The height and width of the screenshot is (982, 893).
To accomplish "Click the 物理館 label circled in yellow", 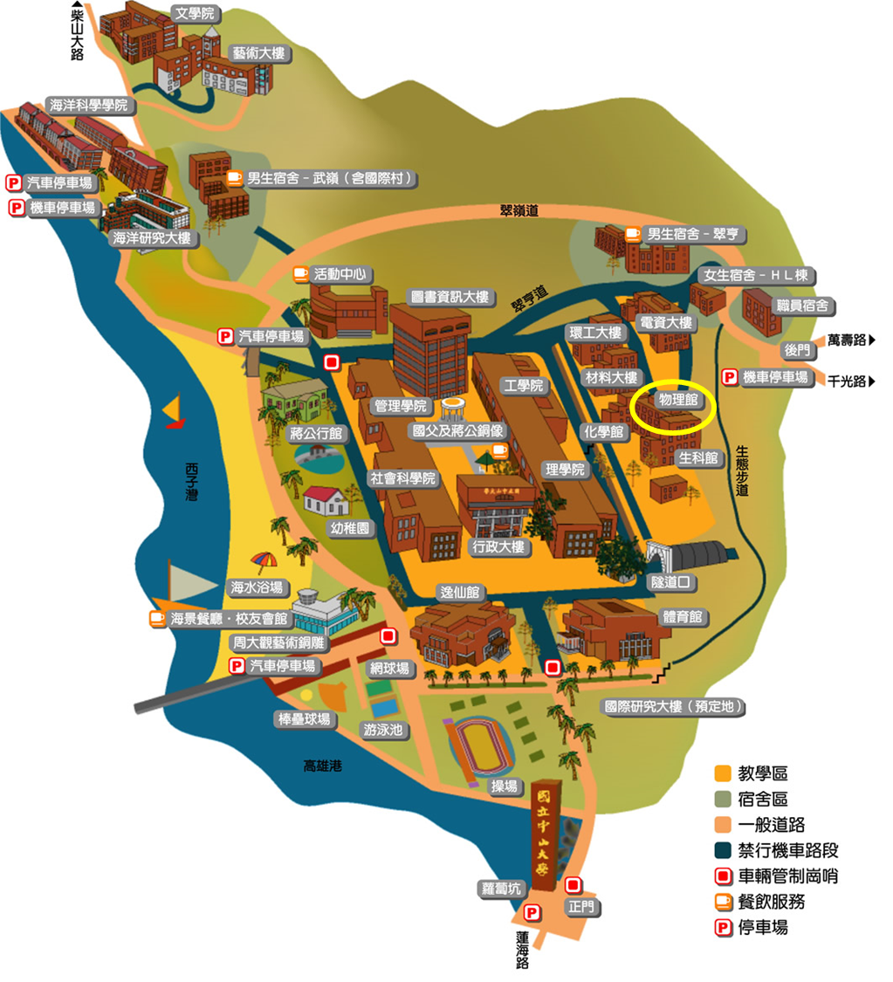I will point(677,400).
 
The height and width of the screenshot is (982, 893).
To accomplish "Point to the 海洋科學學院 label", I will point(89,106).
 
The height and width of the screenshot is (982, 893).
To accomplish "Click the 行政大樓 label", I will point(497,547).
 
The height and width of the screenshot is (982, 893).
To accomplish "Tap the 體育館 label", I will point(683,617).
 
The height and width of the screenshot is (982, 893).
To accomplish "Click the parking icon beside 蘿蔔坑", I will point(532,913).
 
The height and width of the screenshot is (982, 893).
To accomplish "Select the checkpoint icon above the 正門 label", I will point(574,884).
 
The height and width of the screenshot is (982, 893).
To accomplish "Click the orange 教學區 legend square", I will point(722,773).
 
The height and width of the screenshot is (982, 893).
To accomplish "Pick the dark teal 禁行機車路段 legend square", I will point(722,850).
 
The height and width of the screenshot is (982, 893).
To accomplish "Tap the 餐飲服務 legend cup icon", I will point(723,902).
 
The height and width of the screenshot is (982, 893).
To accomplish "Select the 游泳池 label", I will point(383,730).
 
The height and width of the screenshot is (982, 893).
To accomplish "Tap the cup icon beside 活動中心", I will point(301,273).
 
